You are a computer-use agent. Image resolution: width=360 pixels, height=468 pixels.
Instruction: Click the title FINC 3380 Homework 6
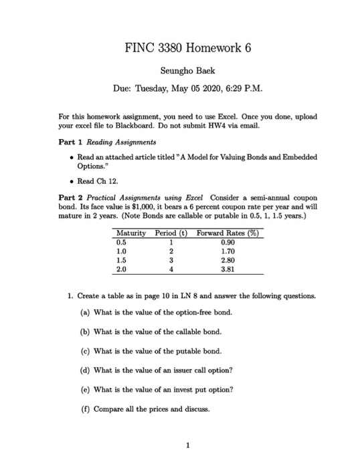(x=181, y=48)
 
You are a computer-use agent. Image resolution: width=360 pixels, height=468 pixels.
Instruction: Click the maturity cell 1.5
(x=122, y=261)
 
